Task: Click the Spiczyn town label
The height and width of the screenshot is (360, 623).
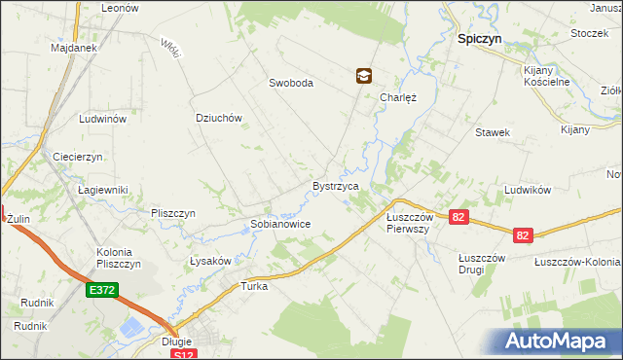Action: [x=479, y=41]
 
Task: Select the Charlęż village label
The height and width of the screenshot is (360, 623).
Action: [x=398, y=97]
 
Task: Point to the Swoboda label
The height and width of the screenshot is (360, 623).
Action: [x=291, y=83]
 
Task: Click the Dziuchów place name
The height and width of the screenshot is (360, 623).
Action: [x=218, y=118]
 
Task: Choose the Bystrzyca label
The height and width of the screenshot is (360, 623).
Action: [x=336, y=185]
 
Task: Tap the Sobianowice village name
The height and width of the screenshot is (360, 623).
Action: [x=280, y=223]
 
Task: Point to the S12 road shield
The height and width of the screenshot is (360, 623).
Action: [x=183, y=355]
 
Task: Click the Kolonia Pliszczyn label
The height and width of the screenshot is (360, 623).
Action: [x=120, y=258]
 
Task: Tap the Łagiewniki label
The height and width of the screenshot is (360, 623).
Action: [x=103, y=190]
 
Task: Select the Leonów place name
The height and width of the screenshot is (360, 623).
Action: [x=121, y=7]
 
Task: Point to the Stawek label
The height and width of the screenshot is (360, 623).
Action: [x=493, y=132]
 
